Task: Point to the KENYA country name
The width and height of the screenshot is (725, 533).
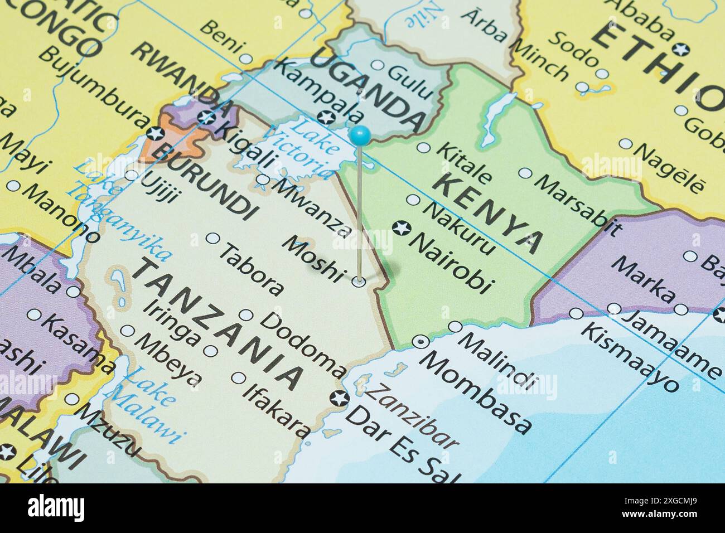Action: tap(487, 212)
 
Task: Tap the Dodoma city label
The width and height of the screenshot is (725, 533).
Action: tap(304, 343)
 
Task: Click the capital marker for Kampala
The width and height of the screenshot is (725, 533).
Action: tap(327, 118)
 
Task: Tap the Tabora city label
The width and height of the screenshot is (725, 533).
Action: tap(251, 268)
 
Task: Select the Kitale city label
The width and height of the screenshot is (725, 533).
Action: tap(463, 162)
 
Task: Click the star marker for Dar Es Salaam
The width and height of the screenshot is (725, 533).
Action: tap(338, 398)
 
